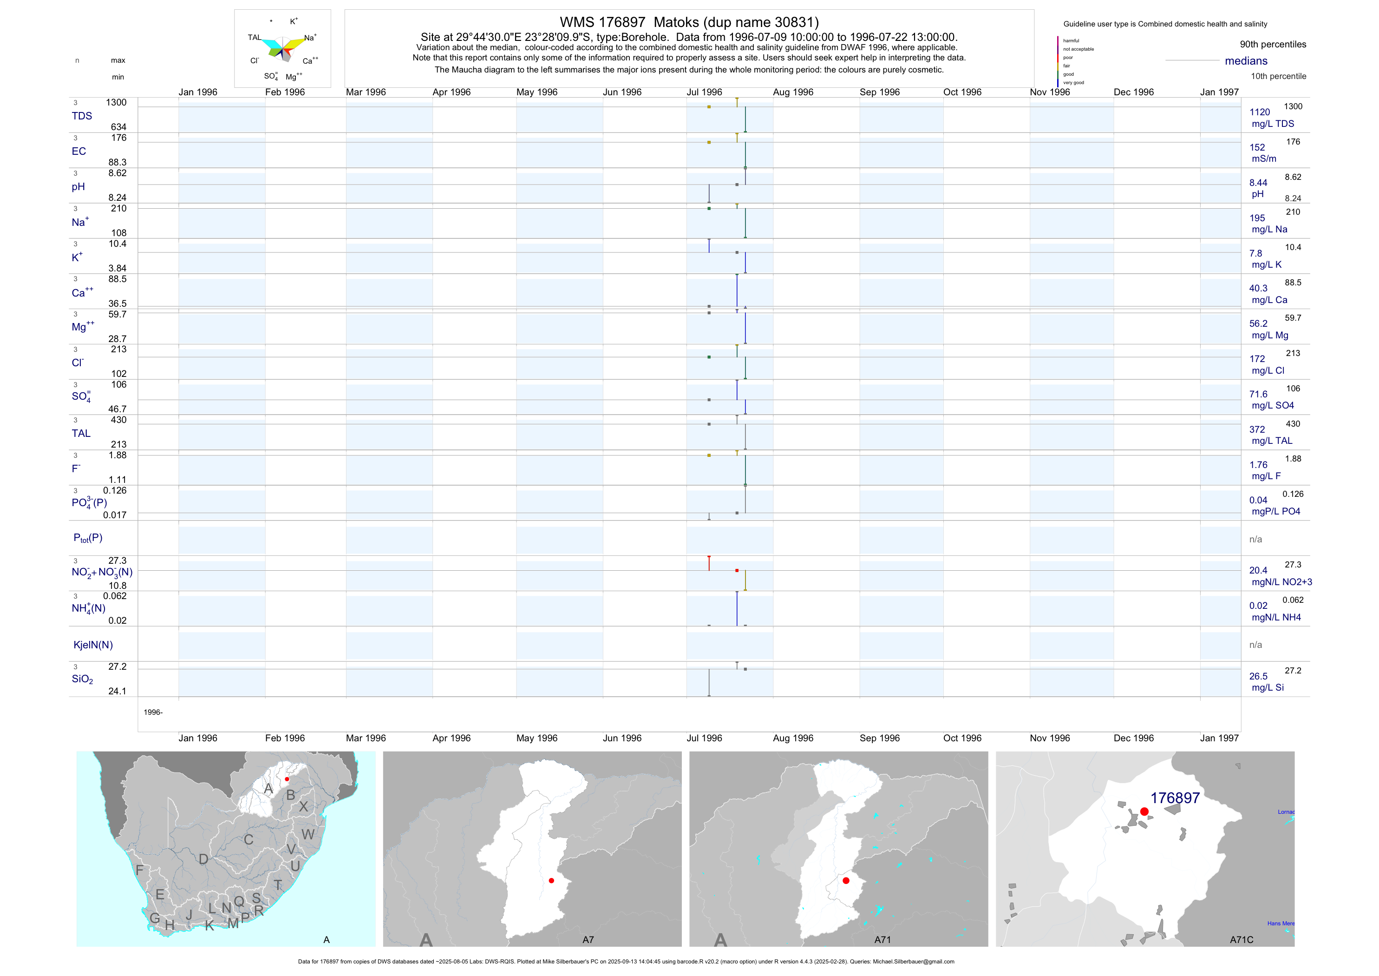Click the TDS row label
point(82,116)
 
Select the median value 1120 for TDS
point(1260,112)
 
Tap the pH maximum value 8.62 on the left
point(117,173)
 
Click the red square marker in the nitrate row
point(737,570)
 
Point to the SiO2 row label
point(82,679)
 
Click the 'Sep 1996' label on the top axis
point(879,92)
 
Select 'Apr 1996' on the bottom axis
point(451,738)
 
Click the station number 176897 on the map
point(1175,798)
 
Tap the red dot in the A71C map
point(1144,811)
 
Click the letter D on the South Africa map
point(203,859)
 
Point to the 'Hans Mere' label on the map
point(1281,923)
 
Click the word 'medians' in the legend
point(1246,61)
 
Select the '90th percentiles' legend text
point(1273,45)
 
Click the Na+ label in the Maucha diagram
point(310,38)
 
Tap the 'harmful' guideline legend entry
point(1071,41)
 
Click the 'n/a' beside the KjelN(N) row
point(1255,645)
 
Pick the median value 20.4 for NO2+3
point(1258,570)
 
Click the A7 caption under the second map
point(588,939)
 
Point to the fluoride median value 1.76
point(1258,465)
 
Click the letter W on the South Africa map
point(307,834)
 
